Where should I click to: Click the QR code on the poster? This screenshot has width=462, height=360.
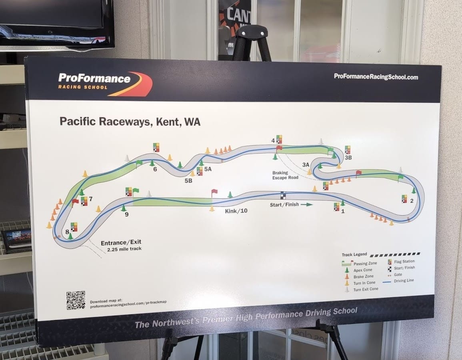(76, 300)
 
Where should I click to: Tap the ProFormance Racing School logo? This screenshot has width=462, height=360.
(105, 83)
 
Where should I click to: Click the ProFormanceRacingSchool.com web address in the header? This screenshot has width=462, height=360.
(376, 76)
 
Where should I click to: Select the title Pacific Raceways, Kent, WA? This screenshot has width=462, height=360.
(130, 122)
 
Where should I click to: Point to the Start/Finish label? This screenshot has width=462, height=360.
(285, 205)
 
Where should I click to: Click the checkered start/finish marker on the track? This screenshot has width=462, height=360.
(283, 195)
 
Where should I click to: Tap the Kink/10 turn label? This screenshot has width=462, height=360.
(236, 211)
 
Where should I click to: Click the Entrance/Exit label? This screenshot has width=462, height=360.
(121, 242)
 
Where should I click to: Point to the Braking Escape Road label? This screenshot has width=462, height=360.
(285, 175)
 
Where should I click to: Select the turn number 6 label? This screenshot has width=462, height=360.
(155, 169)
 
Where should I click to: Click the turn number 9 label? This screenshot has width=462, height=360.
(126, 214)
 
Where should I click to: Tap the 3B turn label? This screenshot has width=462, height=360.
(348, 158)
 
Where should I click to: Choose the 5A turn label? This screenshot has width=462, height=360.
(208, 169)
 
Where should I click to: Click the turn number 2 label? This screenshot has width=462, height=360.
(412, 201)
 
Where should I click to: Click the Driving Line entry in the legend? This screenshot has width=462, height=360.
(404, 281)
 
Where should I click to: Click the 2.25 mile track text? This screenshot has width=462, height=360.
(124, 249)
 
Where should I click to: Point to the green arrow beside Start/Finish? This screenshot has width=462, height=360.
(306, 204)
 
